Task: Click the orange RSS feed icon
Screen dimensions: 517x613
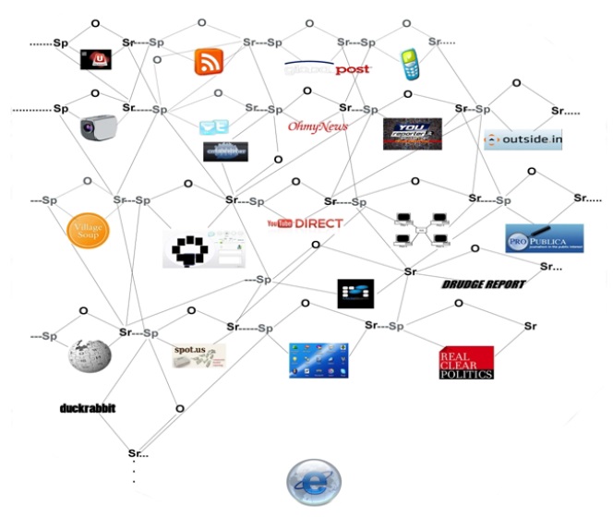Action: [209, 61]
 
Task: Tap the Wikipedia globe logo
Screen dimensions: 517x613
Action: [90, 356]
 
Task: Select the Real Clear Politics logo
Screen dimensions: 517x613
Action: [465, 362]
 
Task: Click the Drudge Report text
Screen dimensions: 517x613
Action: [483, 284]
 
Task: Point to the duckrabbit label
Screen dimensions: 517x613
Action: [88, 407]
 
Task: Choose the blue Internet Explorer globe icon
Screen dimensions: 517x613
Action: [313, 482]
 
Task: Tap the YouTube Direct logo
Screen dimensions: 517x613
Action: [304, 223]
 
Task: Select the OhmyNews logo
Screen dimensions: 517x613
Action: [318, 126]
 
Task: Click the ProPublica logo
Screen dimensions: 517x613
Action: [544, 239]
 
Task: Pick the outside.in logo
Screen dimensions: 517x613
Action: [523, 139]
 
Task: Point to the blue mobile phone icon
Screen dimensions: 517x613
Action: [410, 63]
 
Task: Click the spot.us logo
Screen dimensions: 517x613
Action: [198, 355]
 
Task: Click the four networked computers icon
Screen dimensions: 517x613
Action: [421, 231]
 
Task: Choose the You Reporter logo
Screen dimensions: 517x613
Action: [412, 134]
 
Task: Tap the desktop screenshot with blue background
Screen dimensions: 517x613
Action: [319, 359]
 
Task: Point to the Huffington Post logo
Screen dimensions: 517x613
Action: [327, 68]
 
